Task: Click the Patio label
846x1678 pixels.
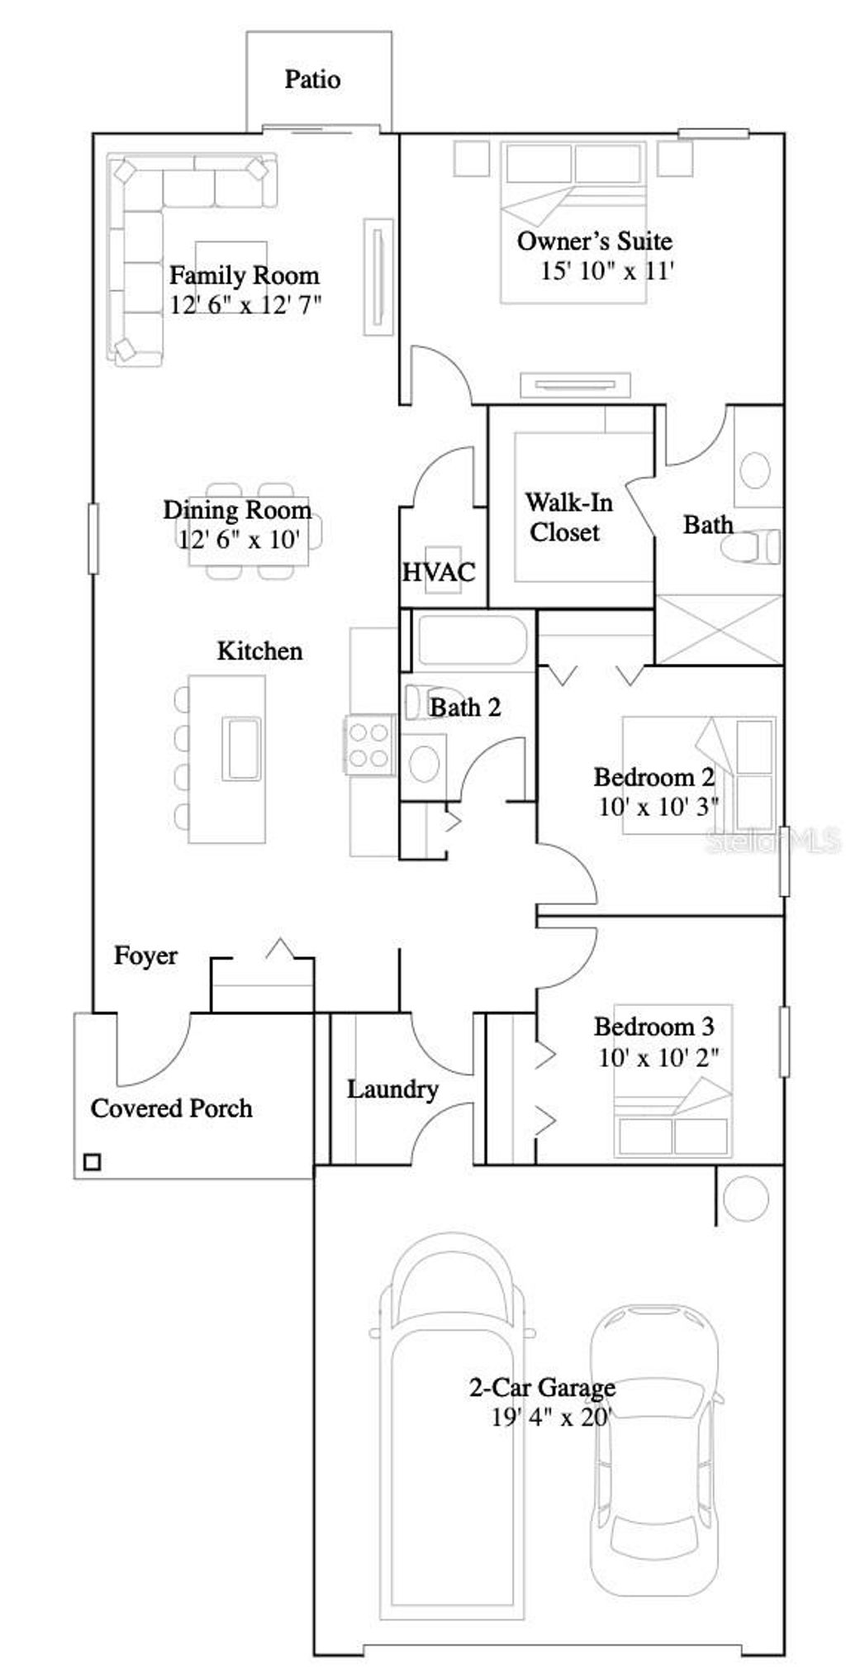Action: [312, 79]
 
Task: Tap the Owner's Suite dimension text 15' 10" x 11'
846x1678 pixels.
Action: [607, 271]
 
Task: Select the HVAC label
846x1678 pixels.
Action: [439, 572]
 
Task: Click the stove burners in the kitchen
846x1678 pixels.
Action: [369, 745]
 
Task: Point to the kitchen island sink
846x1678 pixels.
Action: [241, 749]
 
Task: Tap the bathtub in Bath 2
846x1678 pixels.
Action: [471, 640]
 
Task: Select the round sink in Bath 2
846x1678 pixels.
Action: [425, 762]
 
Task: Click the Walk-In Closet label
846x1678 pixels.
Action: [568, 517]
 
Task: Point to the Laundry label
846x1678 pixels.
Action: [392, 1089]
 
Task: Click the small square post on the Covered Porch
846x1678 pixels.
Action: [93, 1162]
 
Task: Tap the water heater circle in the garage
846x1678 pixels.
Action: [745, 1198]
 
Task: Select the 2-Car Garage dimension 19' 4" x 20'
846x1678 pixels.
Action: [550, 1418]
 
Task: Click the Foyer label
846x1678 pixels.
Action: [145, 956]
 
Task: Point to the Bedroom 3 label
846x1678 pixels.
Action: [654, 1027]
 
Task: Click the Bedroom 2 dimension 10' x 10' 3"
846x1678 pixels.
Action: [658, 807]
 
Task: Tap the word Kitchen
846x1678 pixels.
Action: [259, 651]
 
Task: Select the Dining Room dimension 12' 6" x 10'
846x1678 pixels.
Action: [239, 540]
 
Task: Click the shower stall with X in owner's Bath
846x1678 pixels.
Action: [719, 630]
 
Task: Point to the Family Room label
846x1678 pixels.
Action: [244, 275]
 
